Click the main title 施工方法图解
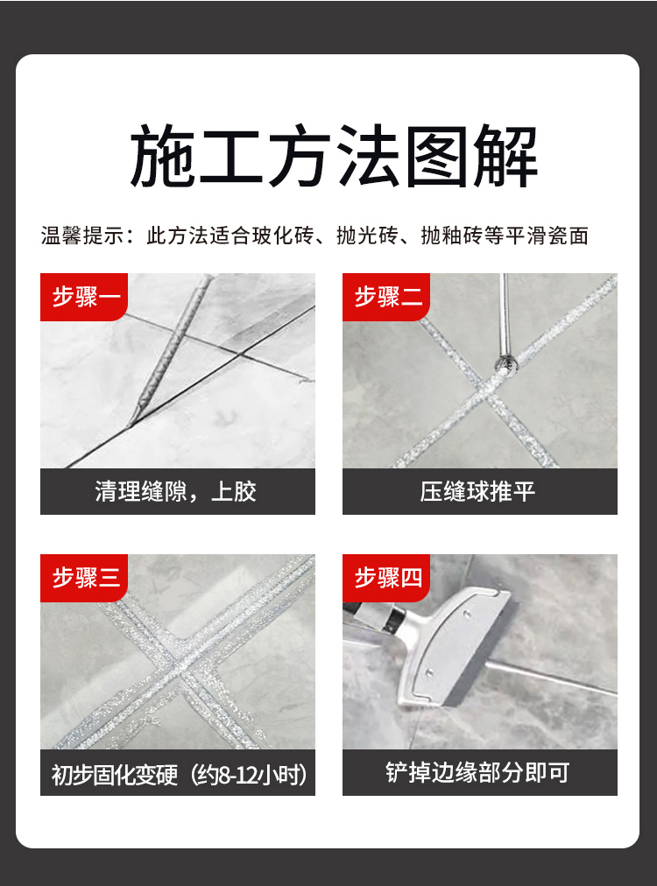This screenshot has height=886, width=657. (334, 157)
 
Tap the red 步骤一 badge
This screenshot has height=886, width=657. (84, 297)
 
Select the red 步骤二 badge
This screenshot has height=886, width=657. (386, 297)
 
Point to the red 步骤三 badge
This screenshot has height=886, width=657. (84, 578)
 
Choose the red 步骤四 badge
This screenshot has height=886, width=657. (386, 578)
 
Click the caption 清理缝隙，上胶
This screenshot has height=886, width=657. (176, 492)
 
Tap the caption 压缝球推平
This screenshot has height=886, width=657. (477, 492)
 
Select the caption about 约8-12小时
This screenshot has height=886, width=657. (179, 775)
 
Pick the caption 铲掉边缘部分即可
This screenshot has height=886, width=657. (477, 772)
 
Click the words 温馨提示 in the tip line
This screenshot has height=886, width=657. (82, 236)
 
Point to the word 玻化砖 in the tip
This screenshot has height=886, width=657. (283, 236)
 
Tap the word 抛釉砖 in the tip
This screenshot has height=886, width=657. (452, 236)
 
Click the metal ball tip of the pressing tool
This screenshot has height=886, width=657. (503, 363)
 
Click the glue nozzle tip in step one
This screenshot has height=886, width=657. (131, 423)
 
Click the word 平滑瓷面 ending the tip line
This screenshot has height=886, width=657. (547, 236)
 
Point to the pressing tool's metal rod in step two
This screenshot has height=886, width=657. (505, 314)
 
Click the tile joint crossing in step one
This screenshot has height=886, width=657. (240, 355)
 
